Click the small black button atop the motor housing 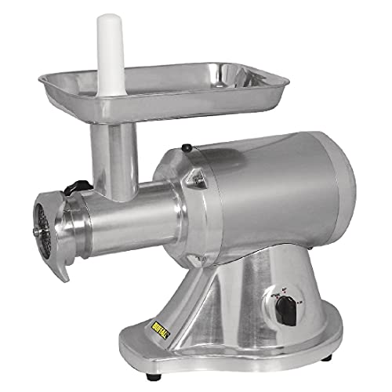[187, 147]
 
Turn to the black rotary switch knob [288, 314]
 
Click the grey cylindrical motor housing [267, 196]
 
